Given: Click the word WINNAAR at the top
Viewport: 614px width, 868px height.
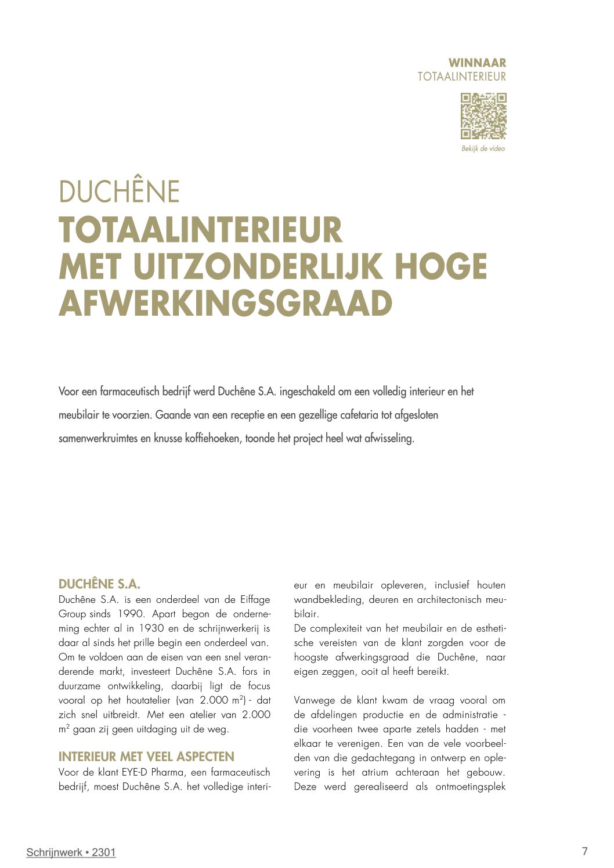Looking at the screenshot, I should [x=477, y=63].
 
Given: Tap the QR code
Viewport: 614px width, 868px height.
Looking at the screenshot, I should [x=483, y=116].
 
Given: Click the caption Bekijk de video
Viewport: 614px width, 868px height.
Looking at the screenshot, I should [x=483, y=149].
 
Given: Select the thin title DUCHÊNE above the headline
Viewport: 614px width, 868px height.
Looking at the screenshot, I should [x=119, y=191].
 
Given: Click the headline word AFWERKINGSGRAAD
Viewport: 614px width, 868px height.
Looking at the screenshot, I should [x=225, y=303].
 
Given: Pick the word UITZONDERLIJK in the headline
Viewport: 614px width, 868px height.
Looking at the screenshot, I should [x=260, y=266].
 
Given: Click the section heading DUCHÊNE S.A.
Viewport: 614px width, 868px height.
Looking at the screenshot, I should [x=99, y=584].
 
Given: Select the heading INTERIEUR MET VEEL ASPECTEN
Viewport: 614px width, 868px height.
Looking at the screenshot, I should [x=146, y=757].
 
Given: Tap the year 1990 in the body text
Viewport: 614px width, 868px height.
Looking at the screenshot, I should [x=131, y=614].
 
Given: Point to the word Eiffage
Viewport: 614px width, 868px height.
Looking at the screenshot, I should [x=255, y=599].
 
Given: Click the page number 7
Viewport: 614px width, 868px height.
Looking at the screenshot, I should [x=584, y=851].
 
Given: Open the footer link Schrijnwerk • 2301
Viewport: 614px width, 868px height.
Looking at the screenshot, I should [x=71, y=852].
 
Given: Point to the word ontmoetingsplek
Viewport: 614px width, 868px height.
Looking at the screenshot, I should [x=471, y=787].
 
